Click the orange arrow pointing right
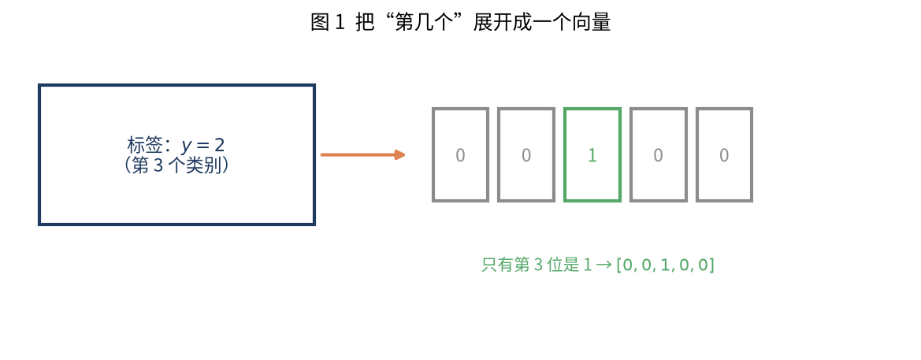coord(363,155)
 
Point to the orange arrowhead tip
coord(406,155)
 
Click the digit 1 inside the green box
coord(592,155)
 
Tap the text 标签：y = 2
coord(176,145)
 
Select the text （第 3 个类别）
coord(176,165)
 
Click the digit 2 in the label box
coord(220,144)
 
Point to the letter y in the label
coord(187,147)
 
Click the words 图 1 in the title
coord(327,23)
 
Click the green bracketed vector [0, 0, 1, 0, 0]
coord(665,265)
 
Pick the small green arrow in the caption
coord(603,265)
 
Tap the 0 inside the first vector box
coord(460,155)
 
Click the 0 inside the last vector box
coord(724,155)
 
